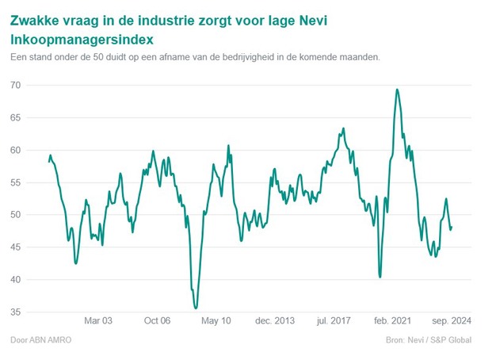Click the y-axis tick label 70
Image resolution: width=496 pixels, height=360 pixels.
[16, 85]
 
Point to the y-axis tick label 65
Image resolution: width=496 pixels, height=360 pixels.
[16, 117]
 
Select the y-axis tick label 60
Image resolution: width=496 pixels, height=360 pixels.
[16, 150]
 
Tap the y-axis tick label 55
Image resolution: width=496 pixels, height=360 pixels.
[16, 182]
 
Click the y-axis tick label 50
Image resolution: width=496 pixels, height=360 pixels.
[16, 215]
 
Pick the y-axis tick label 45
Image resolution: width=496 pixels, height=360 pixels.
[16, 247]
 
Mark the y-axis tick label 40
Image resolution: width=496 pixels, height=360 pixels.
[16, 280]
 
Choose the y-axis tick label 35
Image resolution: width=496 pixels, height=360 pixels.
[16, 312]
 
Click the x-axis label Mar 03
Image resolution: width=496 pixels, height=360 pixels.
[98, 321]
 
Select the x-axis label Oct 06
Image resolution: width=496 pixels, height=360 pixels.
[157, 321]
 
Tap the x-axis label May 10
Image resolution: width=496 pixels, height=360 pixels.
[216, 321]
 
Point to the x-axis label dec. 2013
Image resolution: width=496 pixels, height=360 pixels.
[274, 321]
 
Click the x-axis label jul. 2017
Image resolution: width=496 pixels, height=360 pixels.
[334, 321]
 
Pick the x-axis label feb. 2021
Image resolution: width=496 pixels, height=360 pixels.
[392, 321]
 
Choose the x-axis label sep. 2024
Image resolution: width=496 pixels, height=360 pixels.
[451, 321]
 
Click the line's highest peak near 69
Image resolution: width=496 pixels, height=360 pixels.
[397, 90]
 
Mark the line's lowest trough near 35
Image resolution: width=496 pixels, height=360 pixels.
[196, 307]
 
